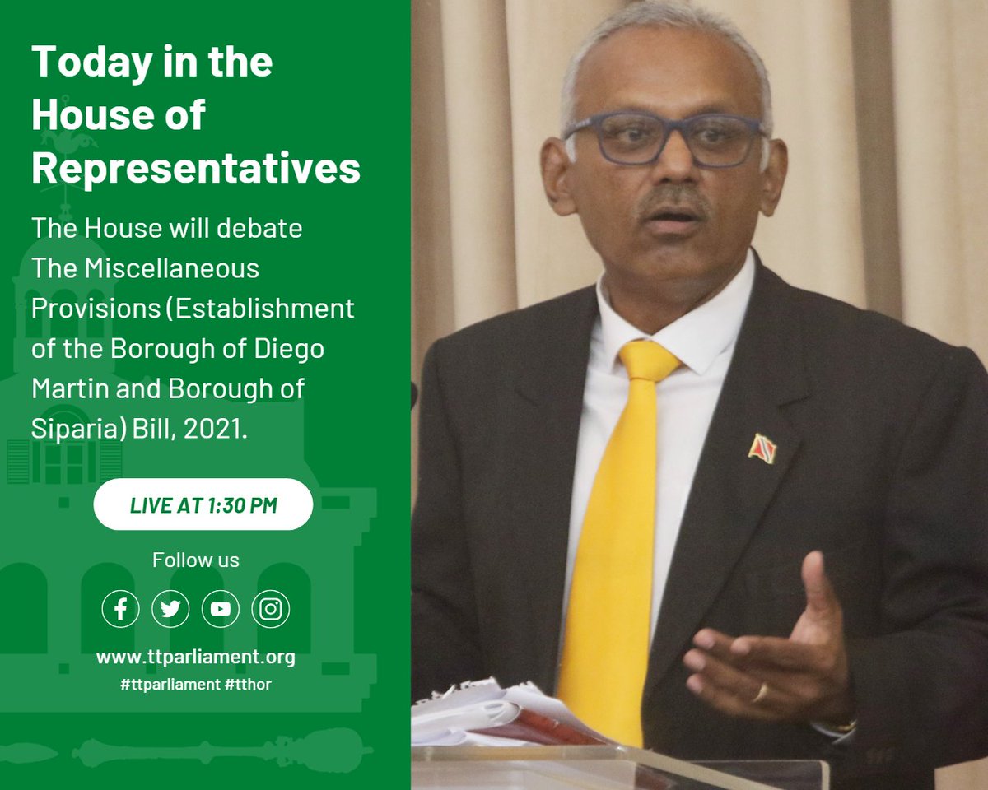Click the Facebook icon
121,609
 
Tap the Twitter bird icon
170,609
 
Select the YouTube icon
220,609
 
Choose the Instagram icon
270,609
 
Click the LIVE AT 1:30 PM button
203,504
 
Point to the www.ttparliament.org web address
195,658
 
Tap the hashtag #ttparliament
168,684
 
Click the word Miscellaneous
176,267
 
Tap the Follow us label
196,560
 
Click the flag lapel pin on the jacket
762,448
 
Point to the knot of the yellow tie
648,361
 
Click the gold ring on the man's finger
761,693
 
